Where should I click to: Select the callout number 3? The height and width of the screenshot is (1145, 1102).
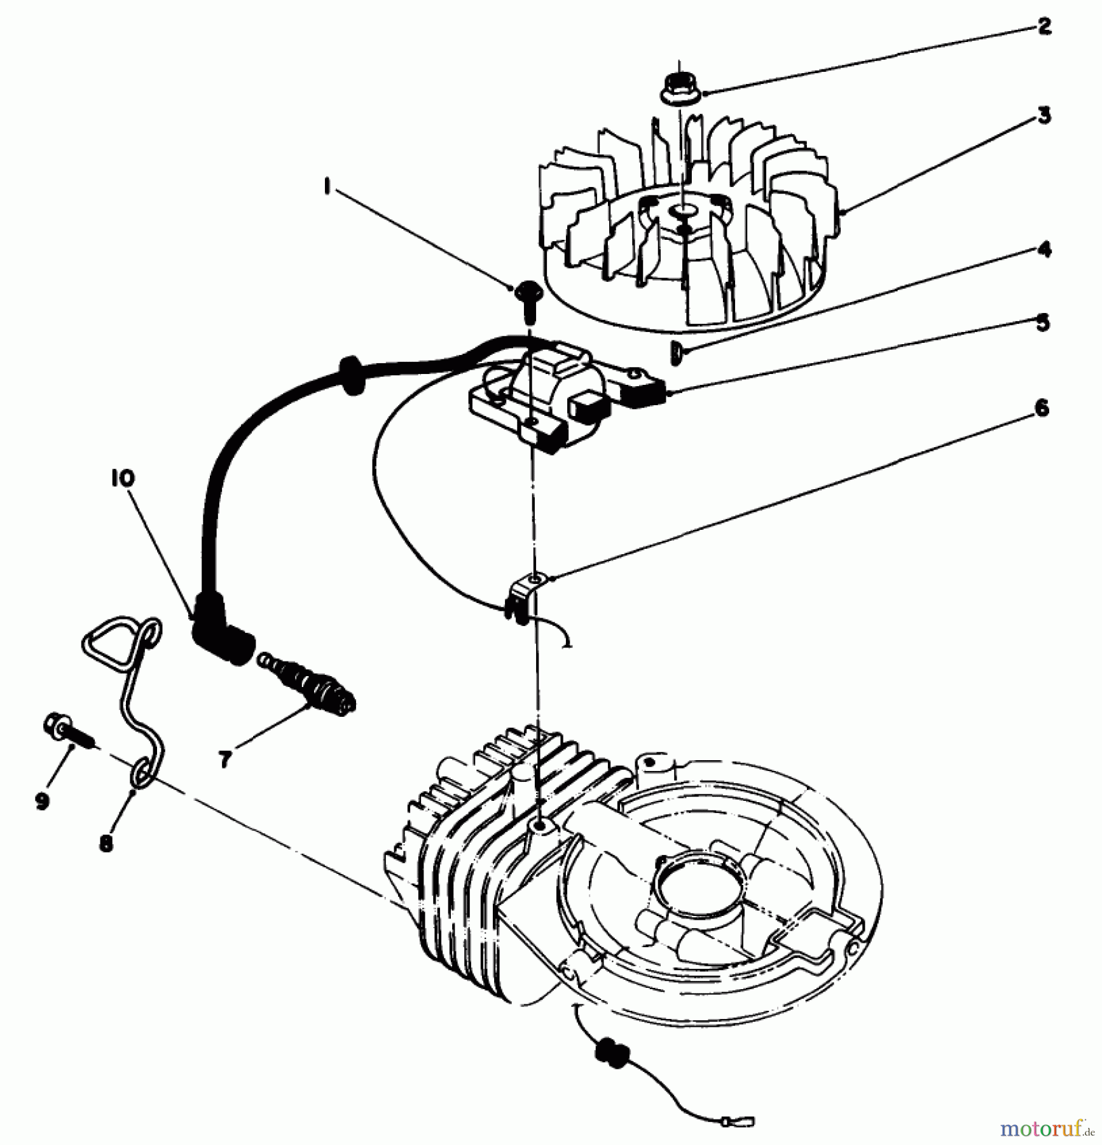pos(1044,116)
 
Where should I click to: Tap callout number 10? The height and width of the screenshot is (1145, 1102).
pos(123,478)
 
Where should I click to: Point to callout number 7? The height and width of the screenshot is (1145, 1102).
pos(224,760)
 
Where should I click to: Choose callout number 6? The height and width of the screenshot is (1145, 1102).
pos(1042,408)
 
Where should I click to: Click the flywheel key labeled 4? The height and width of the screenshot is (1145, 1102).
pos(676,352)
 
